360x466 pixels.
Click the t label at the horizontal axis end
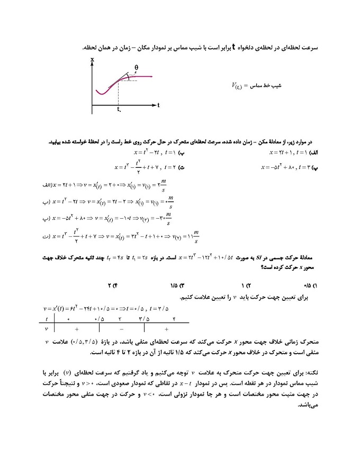[x=158, y=105]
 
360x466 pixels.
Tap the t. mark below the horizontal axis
[x=119, y=110]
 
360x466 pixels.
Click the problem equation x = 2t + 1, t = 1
[x=286, y=153]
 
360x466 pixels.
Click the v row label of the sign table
[x=48, y=328]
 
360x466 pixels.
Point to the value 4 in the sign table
[x=174, y=319]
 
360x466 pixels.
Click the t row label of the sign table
[x=48, y=319]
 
